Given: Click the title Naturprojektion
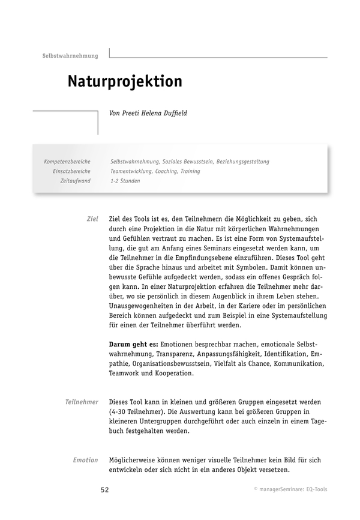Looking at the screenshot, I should click(x=124, y=82).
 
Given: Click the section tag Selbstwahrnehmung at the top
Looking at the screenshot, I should click(x=70, y=56).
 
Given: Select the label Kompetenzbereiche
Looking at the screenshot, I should click(x=67, y=162).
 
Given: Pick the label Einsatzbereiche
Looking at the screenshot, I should click(x=71, y=171).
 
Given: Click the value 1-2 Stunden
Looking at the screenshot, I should click(x=125, y=181).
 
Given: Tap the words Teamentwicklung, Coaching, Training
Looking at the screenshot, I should click(x=155, y=171).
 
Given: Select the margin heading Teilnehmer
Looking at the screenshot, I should click(x=82, y=401).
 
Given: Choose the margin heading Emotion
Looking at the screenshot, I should click(x=85, y=460).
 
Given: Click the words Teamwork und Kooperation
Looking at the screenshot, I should click(x=151, y=373).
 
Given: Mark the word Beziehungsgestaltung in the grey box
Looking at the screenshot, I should click(x=240, y=162).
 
